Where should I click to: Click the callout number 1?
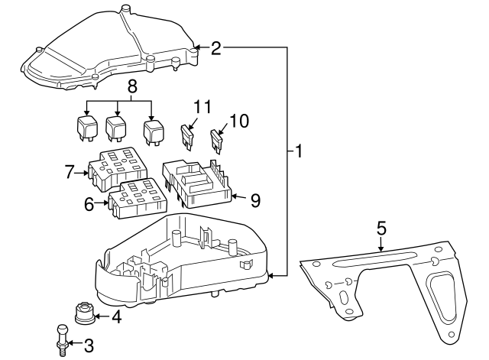tap(299, 152)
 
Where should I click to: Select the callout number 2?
tap(216, 48)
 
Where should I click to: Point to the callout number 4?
tap(115, 316)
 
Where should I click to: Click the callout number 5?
tap(381, 228)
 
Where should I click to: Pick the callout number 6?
tap(89, 204)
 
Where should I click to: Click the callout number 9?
tap(255, 200)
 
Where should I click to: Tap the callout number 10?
tap(238, 120)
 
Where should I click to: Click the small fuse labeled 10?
tap(216, 140)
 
